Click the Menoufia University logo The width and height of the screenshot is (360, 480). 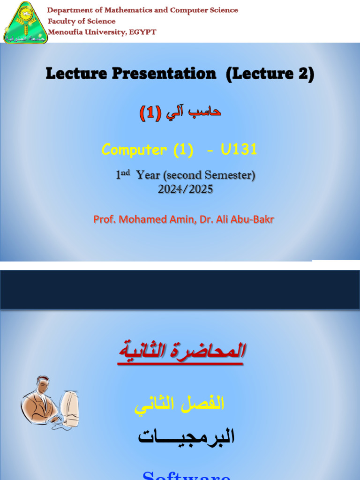tap(25, 22)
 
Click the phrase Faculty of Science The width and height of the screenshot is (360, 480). tap(82, 21)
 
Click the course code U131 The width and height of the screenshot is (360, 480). tap(239, 150)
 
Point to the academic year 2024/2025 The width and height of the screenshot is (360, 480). tap(186, 189)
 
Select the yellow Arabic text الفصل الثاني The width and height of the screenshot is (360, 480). tap(180, 405)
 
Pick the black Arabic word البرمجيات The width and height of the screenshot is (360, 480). tap(186, 436)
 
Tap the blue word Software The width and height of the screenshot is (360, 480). tap(186, 474)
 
